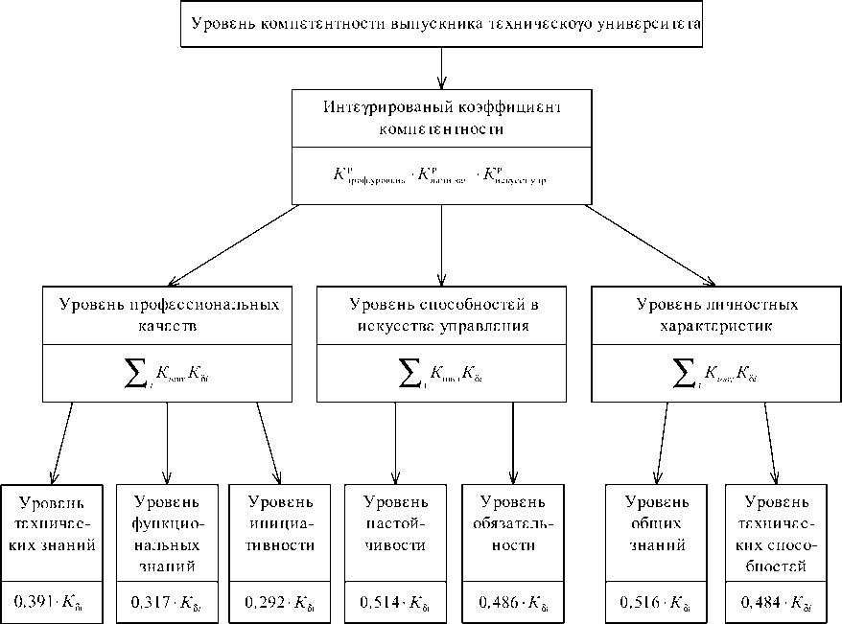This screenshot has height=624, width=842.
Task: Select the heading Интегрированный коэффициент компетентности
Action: coord(441,116)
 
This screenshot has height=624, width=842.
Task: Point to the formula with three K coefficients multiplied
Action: coord(441,175)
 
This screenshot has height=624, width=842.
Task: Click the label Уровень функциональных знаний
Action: coord(168,533)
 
